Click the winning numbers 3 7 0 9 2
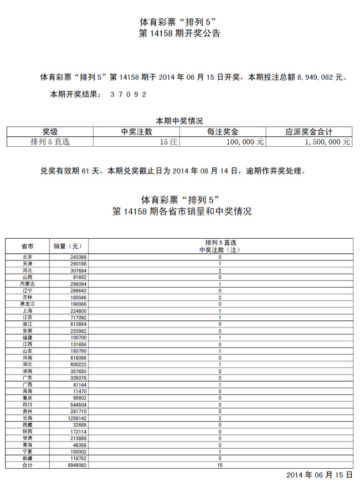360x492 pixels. (x=128, y=94)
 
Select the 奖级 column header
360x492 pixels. (x=50, y=132)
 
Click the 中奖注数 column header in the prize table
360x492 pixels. (x=137, y=132)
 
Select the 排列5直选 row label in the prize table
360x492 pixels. (x=50, y=142)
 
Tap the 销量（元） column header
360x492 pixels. (x=67, y=246)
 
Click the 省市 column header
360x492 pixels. (x=27, y=246)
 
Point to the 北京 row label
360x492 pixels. (x=27, y=257)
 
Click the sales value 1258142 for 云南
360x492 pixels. (x=74, y=419)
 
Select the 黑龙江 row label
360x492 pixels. (x=27, y=304)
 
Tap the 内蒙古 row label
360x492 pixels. (x=27, y=284)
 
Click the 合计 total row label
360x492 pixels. (x=27, y=465)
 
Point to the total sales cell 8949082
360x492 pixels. (x=74, y=465)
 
